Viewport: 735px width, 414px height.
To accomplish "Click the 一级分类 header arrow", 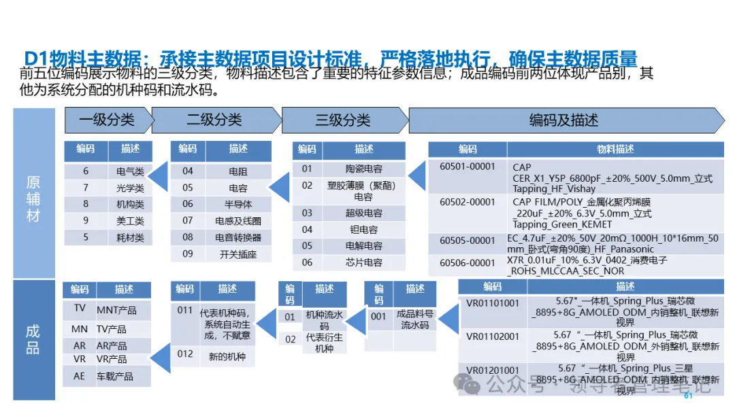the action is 107,121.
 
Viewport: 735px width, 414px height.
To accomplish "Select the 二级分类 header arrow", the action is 214,121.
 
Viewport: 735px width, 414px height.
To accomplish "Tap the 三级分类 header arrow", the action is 342,121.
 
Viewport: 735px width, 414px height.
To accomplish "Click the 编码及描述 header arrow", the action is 563,121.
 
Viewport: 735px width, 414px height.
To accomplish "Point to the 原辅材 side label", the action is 33,199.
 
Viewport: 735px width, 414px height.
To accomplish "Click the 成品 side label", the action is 33,340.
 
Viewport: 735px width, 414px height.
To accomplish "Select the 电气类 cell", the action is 130,172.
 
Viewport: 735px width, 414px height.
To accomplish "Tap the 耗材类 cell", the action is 130,238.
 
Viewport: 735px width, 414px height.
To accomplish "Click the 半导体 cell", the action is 238,204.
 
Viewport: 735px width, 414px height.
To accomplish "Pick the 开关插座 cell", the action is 238,254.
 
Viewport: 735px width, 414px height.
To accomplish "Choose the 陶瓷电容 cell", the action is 363,169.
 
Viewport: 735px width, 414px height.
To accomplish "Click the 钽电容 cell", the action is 363,229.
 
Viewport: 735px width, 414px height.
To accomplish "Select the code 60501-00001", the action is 468,168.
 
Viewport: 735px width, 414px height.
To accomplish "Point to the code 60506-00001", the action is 468,263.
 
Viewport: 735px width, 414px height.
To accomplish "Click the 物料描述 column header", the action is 615,149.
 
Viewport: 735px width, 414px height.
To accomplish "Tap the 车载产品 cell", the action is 114,376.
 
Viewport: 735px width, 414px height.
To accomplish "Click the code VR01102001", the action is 492,336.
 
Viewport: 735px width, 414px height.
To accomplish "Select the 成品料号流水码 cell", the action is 414,320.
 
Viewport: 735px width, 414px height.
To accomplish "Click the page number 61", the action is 688,396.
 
